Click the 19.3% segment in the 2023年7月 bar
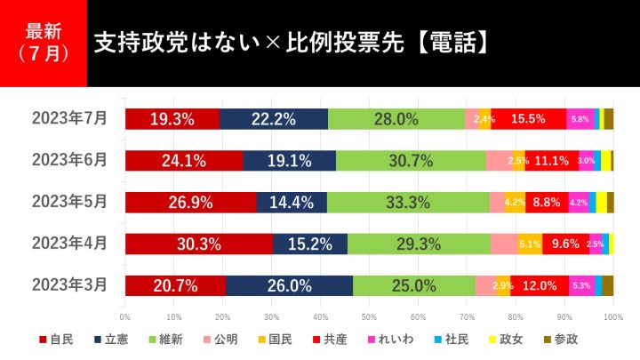click(x=172, y=119)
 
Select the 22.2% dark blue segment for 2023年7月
click(x=273, y=119)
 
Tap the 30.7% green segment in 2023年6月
click(x=411, y=161)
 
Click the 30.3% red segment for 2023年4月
click(x=198, y=244)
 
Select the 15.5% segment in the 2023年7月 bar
click(x=529, y=119)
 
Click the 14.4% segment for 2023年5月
click(x=291, y=202)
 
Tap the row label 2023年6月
click(x=69, y=160)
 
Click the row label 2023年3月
click(x=69, y=284)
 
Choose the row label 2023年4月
click(x=69, y=243)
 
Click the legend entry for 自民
click(x=56, y=339)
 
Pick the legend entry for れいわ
click(x=415, y=339)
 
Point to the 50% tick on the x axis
click(x=369, y=315)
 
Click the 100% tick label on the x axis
click(x=612, y=315)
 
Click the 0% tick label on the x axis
click(x=125, y=315)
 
